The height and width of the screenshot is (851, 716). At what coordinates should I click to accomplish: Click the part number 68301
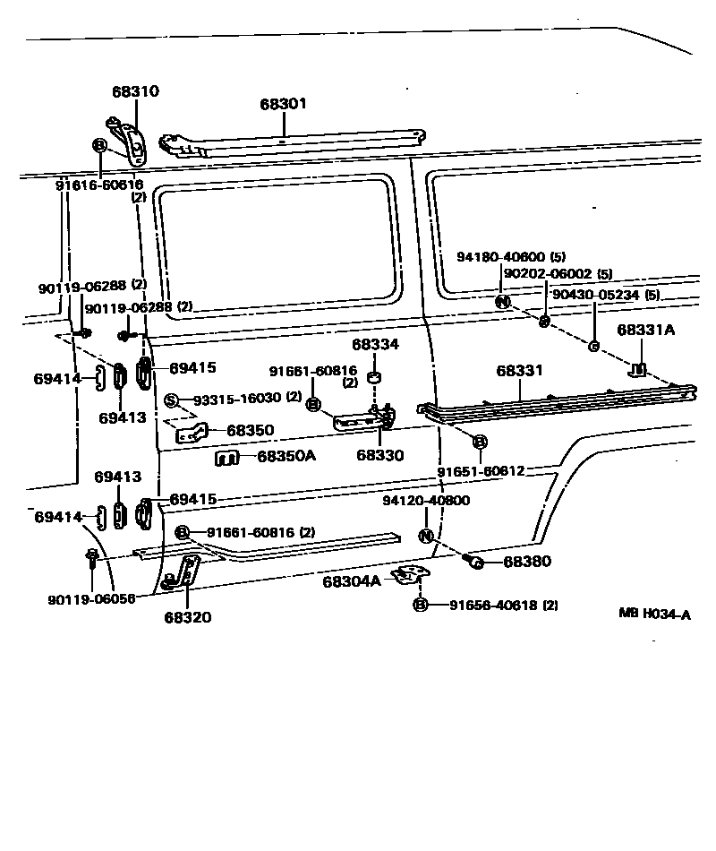(x=284, y=104)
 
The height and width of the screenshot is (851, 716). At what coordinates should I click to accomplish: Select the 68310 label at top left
(x=135, y=91)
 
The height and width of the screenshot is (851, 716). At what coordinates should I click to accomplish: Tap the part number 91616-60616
(x=99, y=185)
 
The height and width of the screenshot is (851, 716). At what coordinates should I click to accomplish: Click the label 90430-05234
(x=595, y=294)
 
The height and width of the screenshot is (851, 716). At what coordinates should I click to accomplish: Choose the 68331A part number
(x=645, y=330)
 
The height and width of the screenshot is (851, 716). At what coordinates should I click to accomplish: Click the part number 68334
(x=375, y=344)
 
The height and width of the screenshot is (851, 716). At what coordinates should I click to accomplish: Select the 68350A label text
(x=286, y=456)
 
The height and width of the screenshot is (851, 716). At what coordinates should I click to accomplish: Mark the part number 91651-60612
(x=481, y=470)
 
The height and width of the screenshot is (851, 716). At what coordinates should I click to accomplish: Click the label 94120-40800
(x=426, y=501)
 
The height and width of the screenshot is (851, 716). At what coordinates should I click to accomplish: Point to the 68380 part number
(x=527, y=562)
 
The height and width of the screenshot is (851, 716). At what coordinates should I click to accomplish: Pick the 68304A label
(x=352, y=581)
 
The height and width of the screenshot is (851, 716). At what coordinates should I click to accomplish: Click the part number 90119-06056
(x=92, y=598)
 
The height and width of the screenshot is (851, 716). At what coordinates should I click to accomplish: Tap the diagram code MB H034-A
(x=655, y=614)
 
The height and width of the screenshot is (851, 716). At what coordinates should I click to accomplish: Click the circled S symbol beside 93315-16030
(x=171, y=399)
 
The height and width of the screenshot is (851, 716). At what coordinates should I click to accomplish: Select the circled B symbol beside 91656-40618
(x=421, y=606)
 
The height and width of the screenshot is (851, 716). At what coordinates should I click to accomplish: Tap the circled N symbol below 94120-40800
(x=426, y=536)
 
